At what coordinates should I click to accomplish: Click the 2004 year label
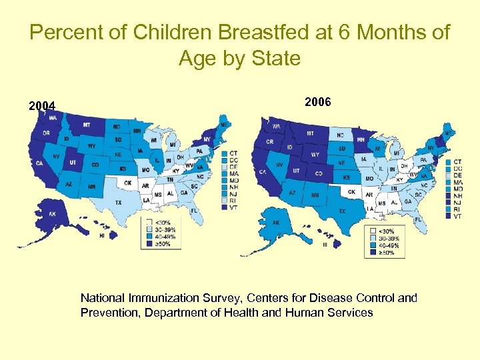coord(41,105)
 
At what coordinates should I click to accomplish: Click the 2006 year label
coord(317,101)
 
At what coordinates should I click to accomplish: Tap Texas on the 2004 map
coord(119,202)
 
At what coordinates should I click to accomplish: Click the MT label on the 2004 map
coord(87,125)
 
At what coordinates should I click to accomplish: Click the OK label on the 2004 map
coord(127,183)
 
